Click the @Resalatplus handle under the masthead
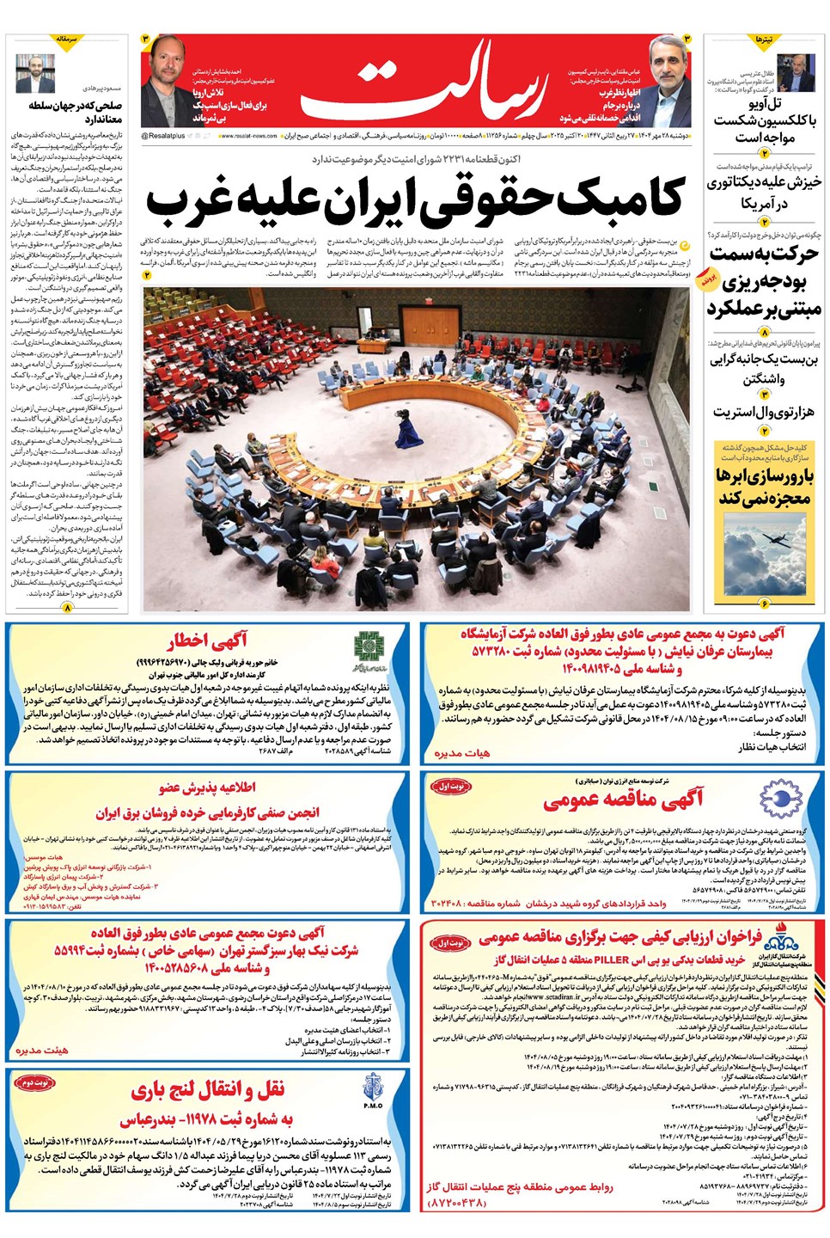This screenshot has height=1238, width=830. coord(163,136)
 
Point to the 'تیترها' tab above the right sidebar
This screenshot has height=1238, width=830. coord(764,40)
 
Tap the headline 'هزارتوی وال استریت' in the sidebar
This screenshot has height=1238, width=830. coord(763,411)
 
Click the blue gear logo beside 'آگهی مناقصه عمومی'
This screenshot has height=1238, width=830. coord(780,799)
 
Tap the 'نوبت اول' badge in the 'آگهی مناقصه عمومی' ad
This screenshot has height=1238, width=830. coord(452,786)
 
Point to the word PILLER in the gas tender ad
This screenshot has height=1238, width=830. coord(611,959)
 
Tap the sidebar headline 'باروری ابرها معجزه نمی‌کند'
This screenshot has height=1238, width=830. coord(763,487)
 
